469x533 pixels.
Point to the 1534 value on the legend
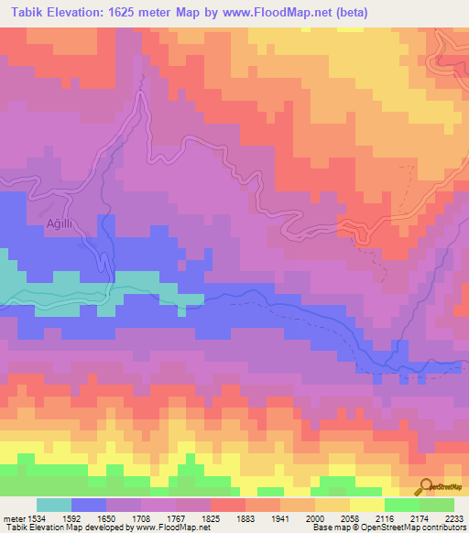point(36,517)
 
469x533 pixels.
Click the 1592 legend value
point(71,517)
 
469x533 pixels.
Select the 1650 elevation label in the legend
point(106,517)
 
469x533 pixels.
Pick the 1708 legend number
point(142,517)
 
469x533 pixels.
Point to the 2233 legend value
point(454,517)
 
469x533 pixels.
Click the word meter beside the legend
point(13,517)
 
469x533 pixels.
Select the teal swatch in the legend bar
point(54,505)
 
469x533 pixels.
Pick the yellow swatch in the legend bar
point(366,505)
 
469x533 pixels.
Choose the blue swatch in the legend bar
point(89,505)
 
